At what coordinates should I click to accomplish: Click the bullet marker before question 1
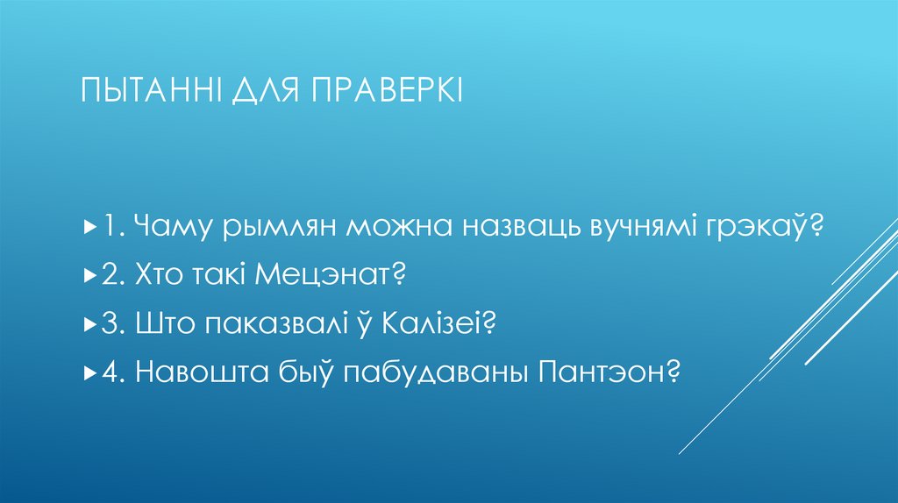[91, 228]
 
